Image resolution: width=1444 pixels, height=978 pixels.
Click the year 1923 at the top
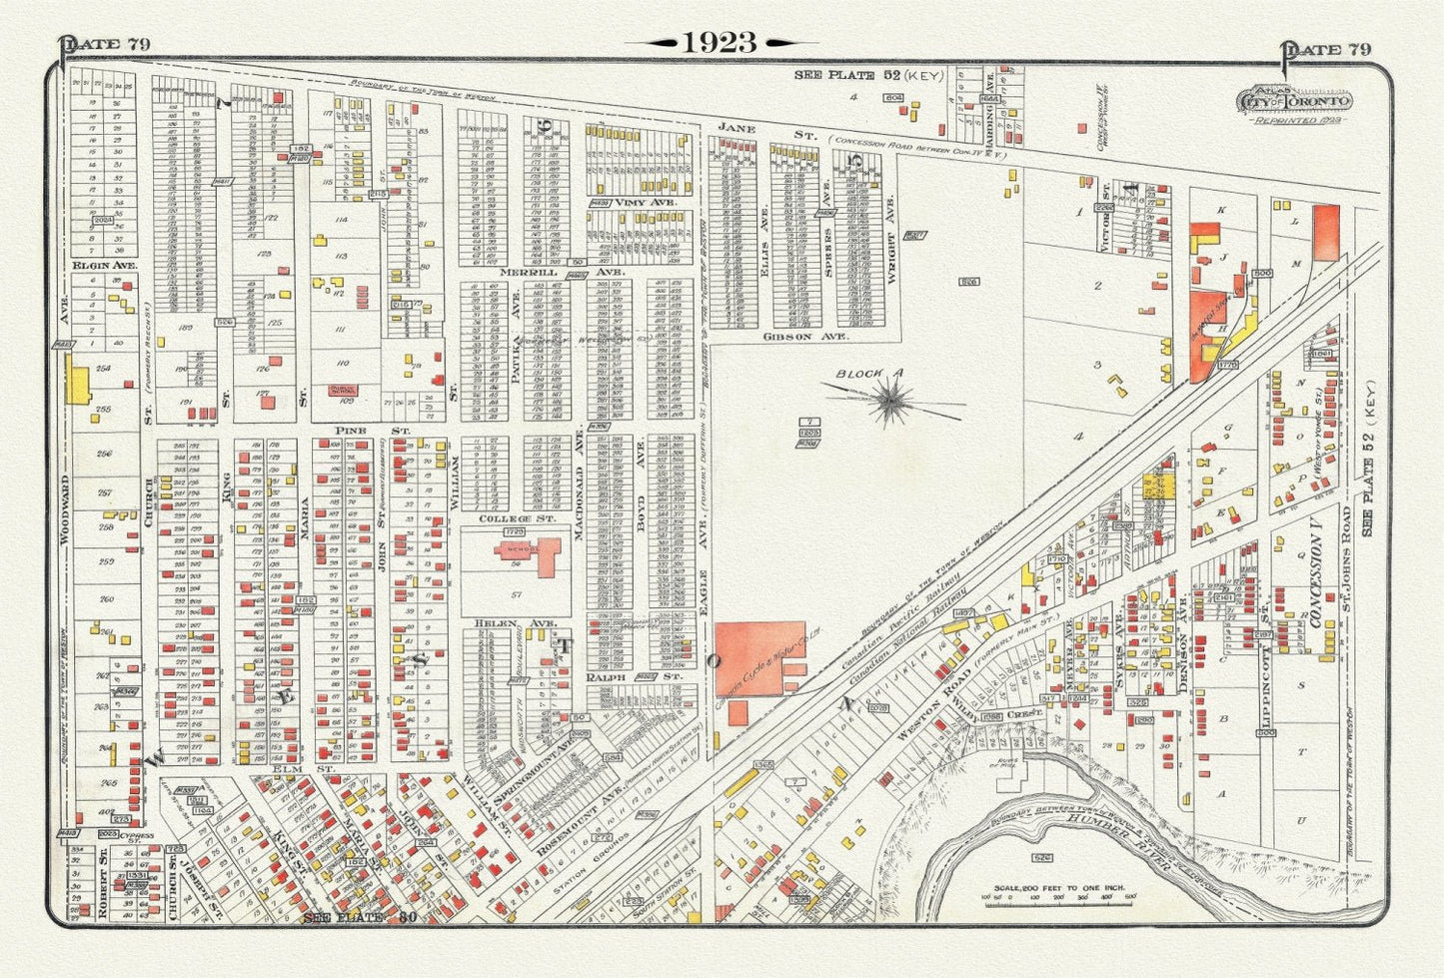point(720,42)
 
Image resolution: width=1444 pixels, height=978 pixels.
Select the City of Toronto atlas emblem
point(1295,102)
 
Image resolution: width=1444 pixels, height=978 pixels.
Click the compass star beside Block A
point(887,403)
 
